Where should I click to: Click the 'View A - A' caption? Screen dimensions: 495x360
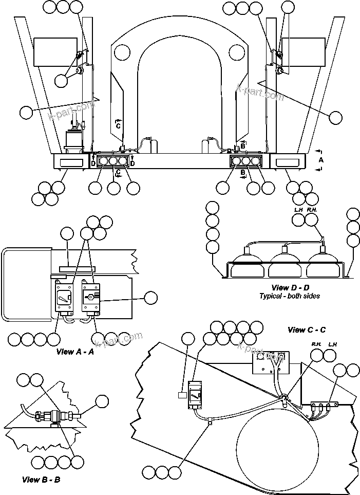[x=75, y=352]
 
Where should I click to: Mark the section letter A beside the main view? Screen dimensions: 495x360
[x=321, y=160]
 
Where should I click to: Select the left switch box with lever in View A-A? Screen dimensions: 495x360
[x=64, y=298]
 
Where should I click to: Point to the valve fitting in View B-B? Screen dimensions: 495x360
[x=53, y=416]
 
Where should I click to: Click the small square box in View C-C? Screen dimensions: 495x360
[x=182, y=395]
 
